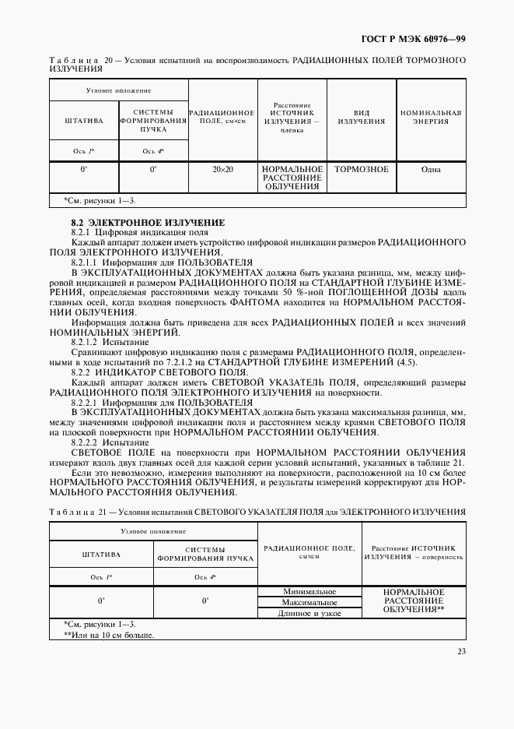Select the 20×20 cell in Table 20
[222, 169]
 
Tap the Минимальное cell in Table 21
[309, 591]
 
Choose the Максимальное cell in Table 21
[309, 602]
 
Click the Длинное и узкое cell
[309, 613]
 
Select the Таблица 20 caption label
[75, 60]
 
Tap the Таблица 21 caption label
[75, 511]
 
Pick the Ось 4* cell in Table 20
[153, 151]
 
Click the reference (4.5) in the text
[407, 362]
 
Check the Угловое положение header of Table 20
[118, 91]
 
